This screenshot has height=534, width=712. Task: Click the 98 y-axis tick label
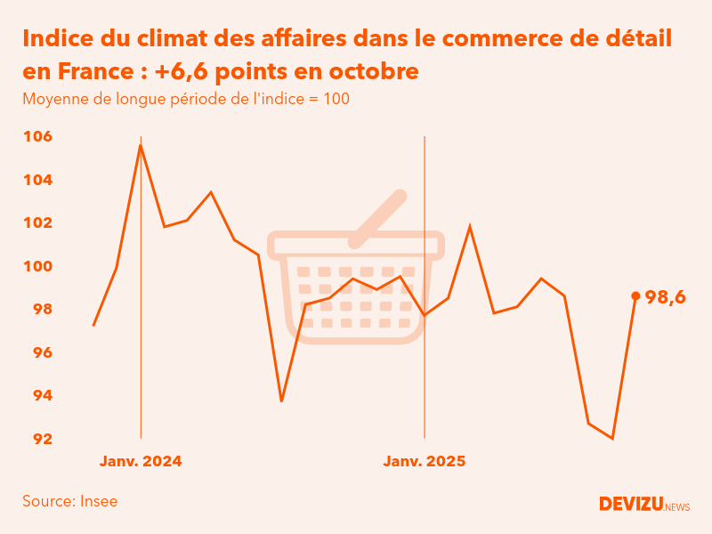tap(36, 309)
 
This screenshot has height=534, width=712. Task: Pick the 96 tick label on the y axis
tap(36, 352)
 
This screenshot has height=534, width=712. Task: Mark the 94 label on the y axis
tap(36, 395)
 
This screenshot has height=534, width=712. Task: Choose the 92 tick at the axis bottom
tap(36, 439)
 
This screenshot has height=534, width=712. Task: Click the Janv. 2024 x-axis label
tap(141, 462)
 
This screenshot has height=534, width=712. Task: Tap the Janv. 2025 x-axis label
tap(425, 462)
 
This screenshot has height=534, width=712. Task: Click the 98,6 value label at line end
tap(665, 298)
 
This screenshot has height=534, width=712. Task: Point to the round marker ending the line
tap(635, 295)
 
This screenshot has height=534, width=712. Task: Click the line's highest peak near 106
tap(141, 145)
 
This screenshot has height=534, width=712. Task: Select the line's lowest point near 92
tap(612, 438)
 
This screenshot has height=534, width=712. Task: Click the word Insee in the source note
tap(98, 501)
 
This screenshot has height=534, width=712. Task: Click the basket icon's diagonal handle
tap(379, 218)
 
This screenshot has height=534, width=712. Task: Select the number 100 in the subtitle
tap(336, 99)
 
